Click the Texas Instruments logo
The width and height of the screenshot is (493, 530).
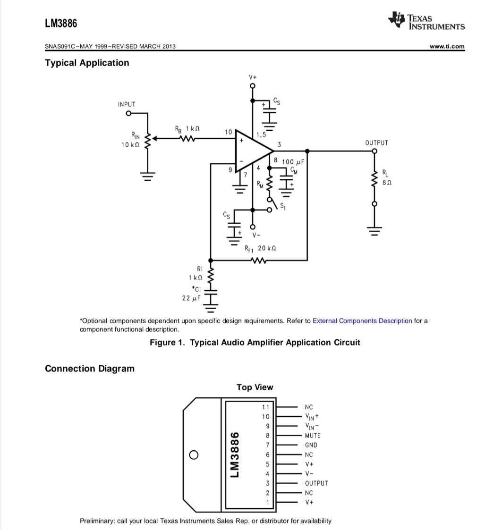[x=426, y=21]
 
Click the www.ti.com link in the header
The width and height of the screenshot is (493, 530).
[x=447, y=46]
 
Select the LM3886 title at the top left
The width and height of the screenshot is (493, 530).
[x=61, y=23]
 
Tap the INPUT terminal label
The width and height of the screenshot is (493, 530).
[x=127, y=104]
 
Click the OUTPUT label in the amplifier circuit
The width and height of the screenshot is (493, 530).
[x=376, y=143]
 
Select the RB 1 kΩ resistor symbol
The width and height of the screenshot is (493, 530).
[x=187, y=139]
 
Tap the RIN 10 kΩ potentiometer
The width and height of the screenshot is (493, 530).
[x=147, y=140]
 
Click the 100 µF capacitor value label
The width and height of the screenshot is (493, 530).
[x=293, y=162]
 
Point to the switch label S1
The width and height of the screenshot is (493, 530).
[x=283, y=206]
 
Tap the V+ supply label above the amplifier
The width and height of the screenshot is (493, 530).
[x=253, y=76]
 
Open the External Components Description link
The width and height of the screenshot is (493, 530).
[x=362, y=321]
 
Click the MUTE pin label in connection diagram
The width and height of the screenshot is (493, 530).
[x=313, y=436]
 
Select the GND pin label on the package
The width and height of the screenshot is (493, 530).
[x=311, y=445]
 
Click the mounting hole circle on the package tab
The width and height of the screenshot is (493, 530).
[x=193, y=455]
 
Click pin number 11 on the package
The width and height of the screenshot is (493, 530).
[x=266, y=407]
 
